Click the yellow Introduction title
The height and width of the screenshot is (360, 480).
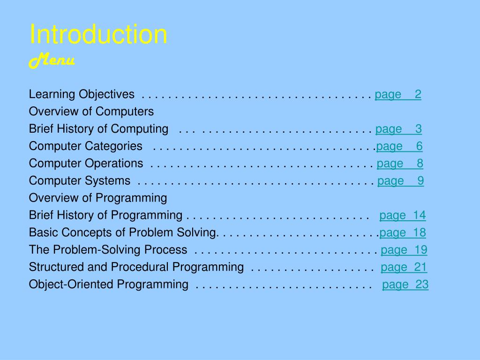[x=98, y=34]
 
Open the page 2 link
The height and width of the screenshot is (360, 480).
[x=398, y=95]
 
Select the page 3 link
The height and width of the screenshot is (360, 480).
[x=398, y=129]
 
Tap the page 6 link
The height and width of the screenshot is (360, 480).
[x=399, y=146]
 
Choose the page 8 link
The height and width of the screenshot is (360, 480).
[x=400, y=164]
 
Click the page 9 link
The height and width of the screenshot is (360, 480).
[x=400, y=181]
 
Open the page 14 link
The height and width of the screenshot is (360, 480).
[x=403, y=216]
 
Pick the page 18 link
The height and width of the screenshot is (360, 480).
[x=403, y=233]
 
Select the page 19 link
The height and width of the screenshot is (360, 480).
[x=404, y=250]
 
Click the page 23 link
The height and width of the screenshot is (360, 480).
[x=405, y=285]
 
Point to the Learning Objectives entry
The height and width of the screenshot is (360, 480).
[x=82, y=94]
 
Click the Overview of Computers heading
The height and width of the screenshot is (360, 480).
[x=91, y=112]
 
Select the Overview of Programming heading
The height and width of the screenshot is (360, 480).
[x=98, y=198]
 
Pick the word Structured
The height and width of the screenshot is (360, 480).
[x=56, y=267]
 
